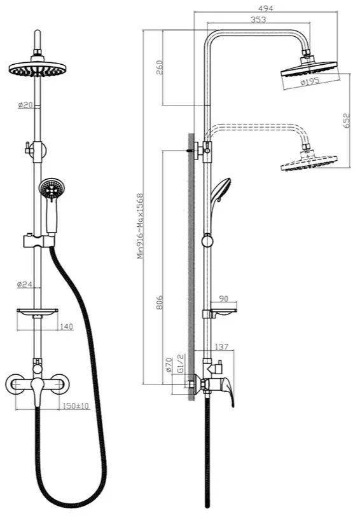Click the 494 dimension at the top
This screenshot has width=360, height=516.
click(x=266, y=8)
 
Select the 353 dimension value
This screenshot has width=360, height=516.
click(x=258, y=20)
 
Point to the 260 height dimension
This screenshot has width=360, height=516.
click(x=159, y=67)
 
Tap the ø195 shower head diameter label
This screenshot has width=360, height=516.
click(x=310, y=81)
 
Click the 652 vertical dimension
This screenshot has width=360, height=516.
click(x=347, y=121)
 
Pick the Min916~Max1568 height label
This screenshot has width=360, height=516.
click(x=141, y=226)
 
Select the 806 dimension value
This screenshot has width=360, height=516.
click(x=159, y=302)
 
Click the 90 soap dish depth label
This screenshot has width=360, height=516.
click(x=223, y=299)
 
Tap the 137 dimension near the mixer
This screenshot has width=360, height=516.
click(x=221, y=347)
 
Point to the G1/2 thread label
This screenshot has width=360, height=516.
click(x=180, y=363)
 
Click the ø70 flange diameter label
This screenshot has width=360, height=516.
click(x=169, y=365)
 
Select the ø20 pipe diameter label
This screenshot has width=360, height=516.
click(x=25, y=105)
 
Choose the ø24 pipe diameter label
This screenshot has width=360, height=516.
click(x=24, y=284)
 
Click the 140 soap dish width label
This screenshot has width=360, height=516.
click(x=67, y=327)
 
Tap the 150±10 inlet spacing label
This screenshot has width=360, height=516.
click(x=76, y=406)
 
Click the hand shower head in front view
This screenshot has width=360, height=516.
click(x=52, y=188)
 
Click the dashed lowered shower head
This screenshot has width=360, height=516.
click(x=309, y=162)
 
